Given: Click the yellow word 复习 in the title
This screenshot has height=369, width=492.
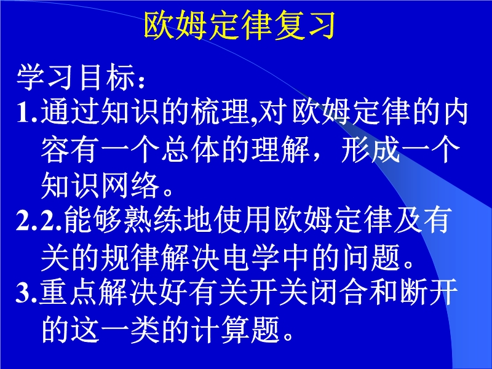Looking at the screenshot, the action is coord(303,25).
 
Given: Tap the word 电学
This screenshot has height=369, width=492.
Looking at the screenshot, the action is coord(252,257).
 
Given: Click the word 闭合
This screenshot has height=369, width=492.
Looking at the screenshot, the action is coord(339,292).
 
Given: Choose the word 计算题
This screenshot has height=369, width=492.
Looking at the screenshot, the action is coord(236,329).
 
